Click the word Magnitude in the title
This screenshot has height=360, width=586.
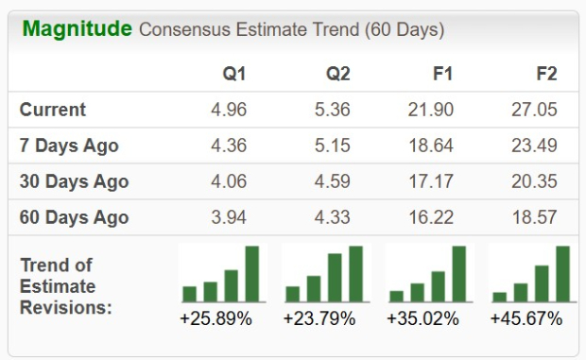click(x=77, y=28)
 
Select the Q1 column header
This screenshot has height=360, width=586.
click(x=233, y=75)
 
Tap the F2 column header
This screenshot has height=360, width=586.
click(x=545, y=75)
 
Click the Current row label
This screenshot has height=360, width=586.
click(x=53, y=110)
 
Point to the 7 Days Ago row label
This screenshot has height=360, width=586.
click(x=69, y=146)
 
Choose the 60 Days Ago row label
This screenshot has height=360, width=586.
click(x=74, y=217)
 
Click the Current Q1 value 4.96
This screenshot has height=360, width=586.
click(x=229, y=110)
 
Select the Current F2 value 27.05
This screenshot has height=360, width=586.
click(x=535, y=110)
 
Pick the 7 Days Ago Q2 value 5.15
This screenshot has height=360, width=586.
click(x=332, y=146)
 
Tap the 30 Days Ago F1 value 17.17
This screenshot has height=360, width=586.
click(x=432, y=181)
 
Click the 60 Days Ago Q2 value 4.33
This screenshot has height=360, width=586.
click(x=332, y=217)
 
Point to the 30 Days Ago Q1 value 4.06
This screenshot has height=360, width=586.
click(x=229, y=181)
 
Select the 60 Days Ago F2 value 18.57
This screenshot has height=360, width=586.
click(x=535, y=217)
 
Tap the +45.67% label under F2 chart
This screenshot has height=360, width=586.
click(x=526, y=318)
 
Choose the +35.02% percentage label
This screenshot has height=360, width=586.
click(x=422, y=318)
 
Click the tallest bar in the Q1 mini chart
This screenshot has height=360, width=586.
click(x=252, y=273)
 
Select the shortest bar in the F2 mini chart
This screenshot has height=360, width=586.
click(x=499, y=296)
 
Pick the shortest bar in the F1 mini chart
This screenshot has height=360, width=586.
click(x=396, y=295)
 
